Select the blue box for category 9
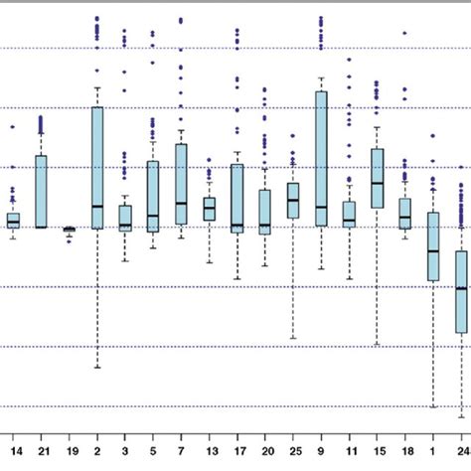click(321, 159)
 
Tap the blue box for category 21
click(42, 191)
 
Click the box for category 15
click(378, 179)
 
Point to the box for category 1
click(433, 246)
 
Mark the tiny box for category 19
click(70, 230)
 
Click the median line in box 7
click(181, 203)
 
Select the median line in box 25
click(293, 200)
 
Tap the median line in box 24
click(461, 287)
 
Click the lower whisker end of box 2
click(97, 368)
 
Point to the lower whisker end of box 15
click(378, 345)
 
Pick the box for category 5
click(153, 197)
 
